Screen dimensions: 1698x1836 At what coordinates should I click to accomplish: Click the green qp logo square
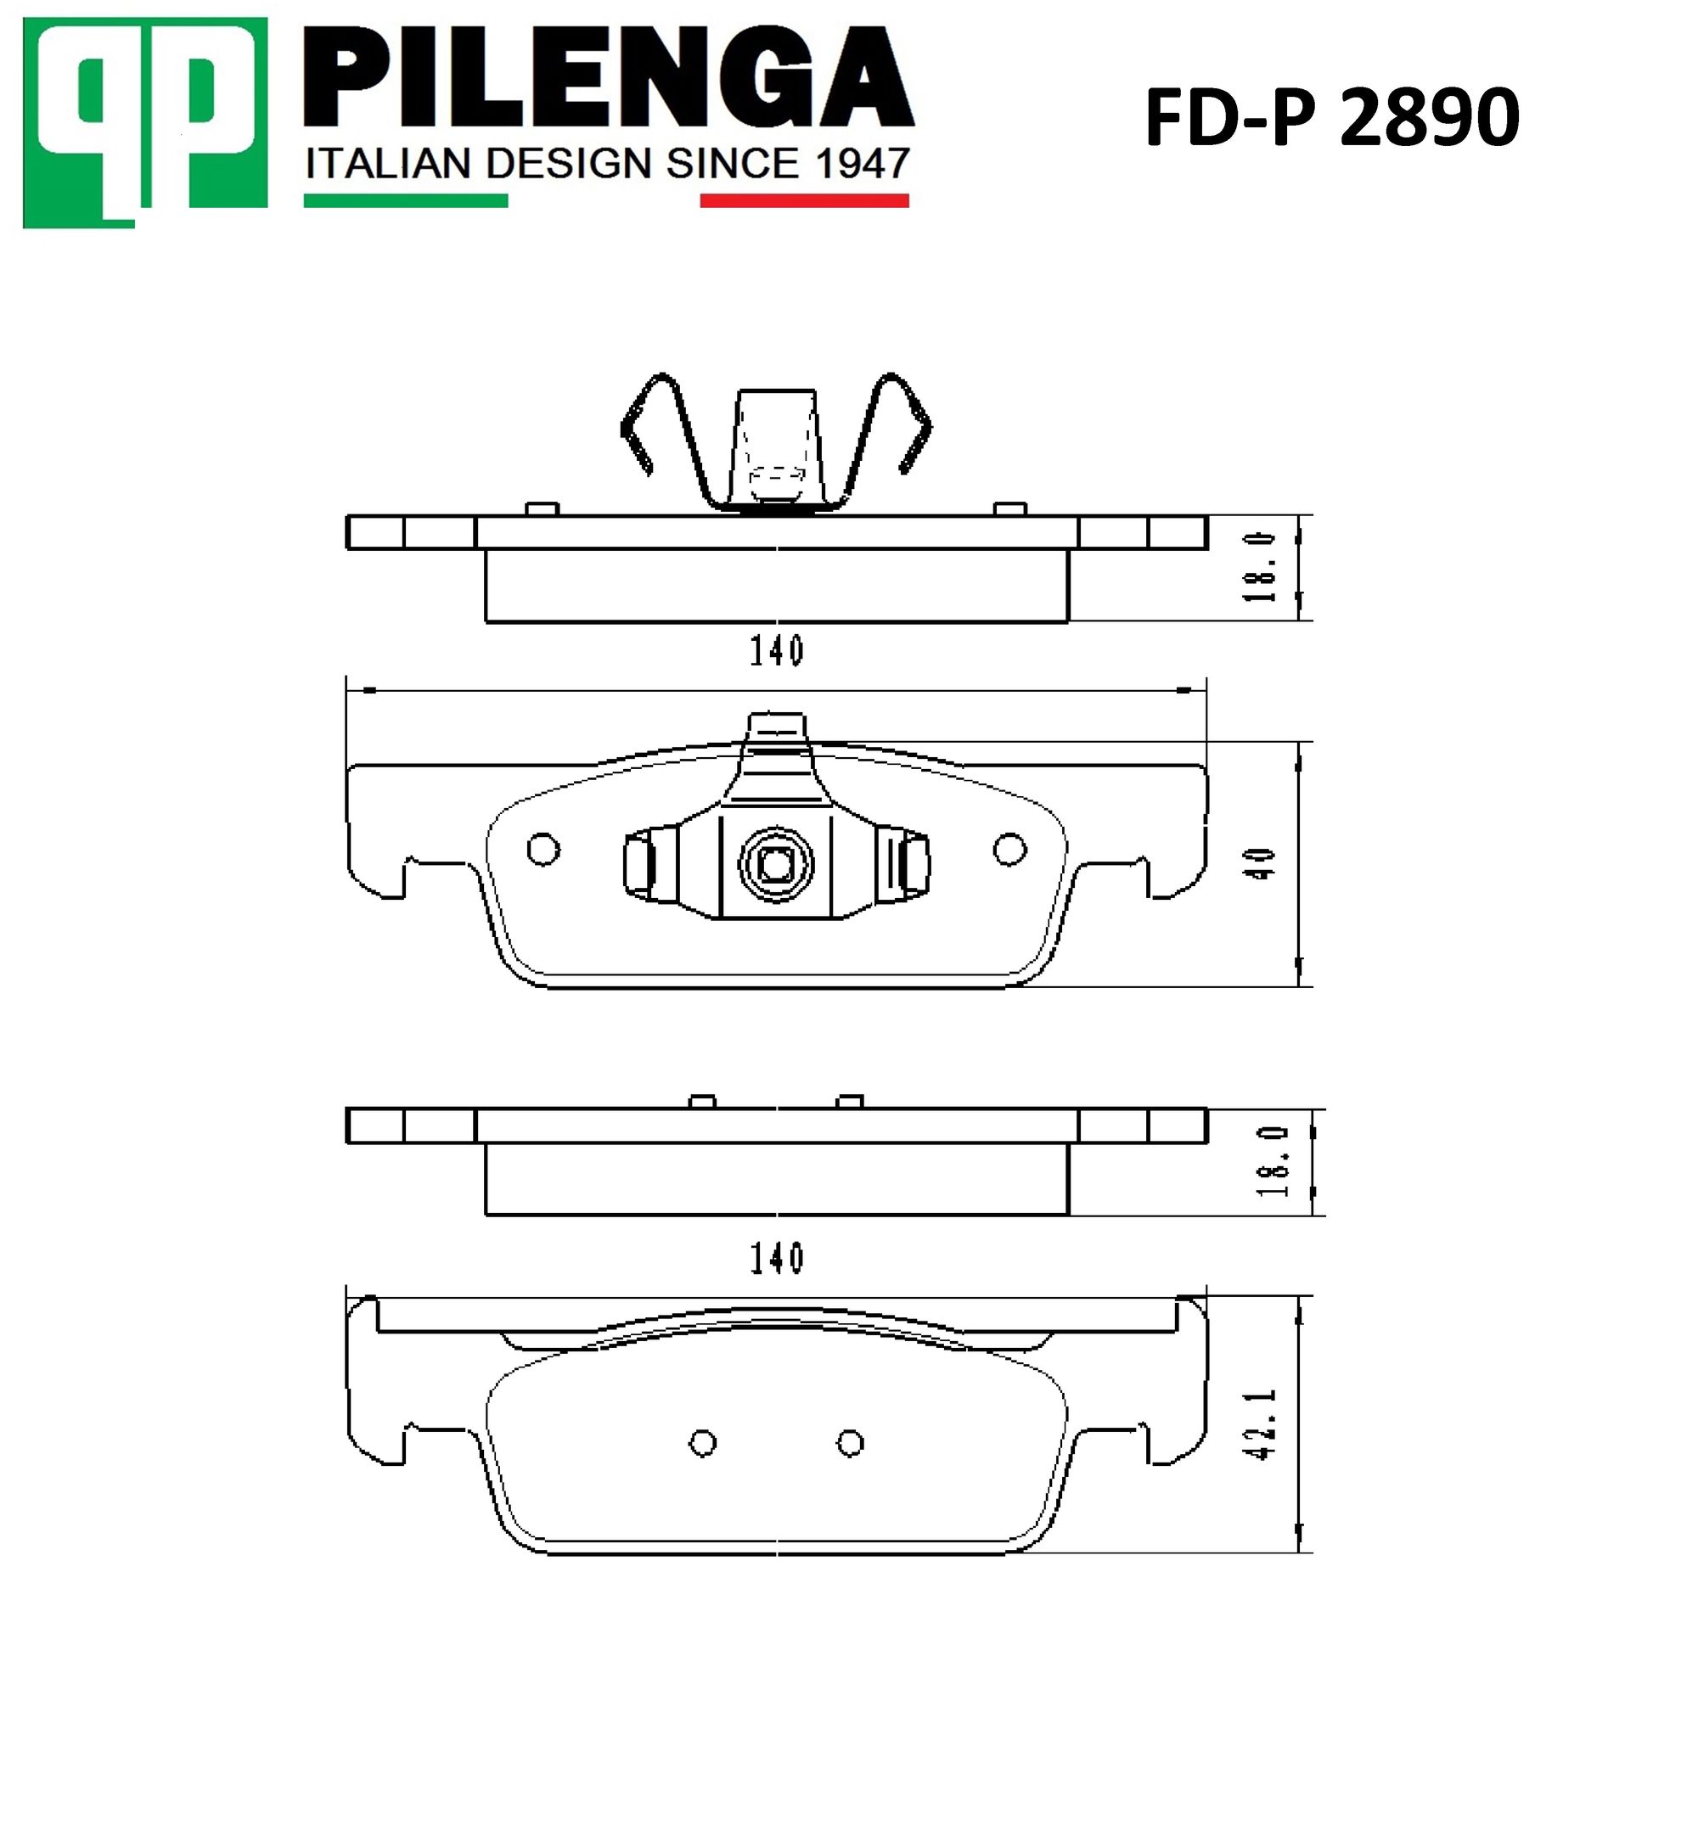point(144,123)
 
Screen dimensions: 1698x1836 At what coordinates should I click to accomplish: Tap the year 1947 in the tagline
point(861,164)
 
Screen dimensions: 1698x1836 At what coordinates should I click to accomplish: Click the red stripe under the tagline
point(804,200)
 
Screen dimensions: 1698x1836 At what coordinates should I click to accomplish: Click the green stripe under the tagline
point(405,200)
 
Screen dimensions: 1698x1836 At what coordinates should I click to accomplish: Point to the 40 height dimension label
point(1263,864)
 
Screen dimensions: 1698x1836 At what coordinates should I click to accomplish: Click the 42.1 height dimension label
point(1261,1424)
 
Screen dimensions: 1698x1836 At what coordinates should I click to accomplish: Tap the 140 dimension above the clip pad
point(777,651)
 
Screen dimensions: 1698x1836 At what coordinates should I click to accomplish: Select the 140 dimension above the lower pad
point(777,1258)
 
